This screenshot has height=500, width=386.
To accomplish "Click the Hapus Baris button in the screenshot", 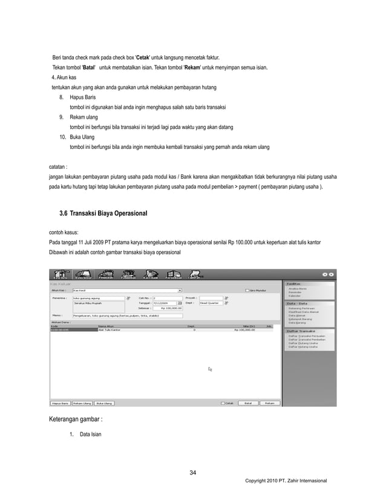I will [59, 402].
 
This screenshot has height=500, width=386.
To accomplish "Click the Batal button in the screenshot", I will [247, 402].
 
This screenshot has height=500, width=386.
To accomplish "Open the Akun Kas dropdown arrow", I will [180, 291].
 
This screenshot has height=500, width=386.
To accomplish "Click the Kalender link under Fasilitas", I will [295, 296].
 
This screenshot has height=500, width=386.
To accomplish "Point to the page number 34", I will [193, 473].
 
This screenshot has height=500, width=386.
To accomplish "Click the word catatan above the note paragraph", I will [58, 165].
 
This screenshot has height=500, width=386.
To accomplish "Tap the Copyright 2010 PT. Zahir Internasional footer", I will [286, 480].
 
